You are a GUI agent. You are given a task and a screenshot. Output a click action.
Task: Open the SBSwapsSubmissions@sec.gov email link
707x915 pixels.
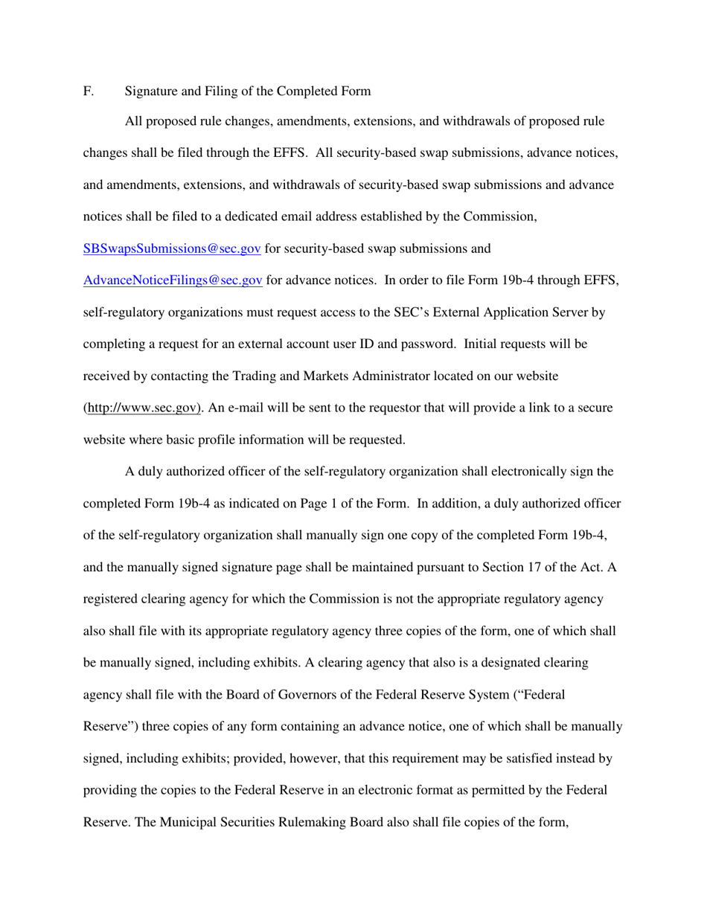(171, 248)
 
